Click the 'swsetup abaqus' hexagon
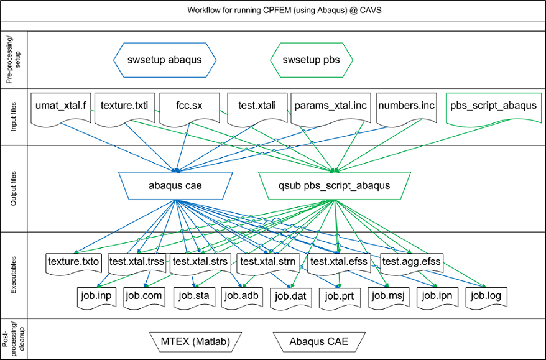click(x=165, y=60)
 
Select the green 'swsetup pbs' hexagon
click(x=312, y=60)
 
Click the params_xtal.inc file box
click(x=330, y=107)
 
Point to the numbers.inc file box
click(x=406, y=107)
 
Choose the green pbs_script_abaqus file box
click(x=493, y=107)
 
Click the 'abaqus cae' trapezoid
click(x=175, y=186)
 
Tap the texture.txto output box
click(x=73, y=262)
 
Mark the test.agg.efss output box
click(x=411, y=262)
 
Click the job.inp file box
click(x=96, y=297)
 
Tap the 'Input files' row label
click(x=14, y=117)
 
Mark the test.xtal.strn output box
click(x=269, y=262)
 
